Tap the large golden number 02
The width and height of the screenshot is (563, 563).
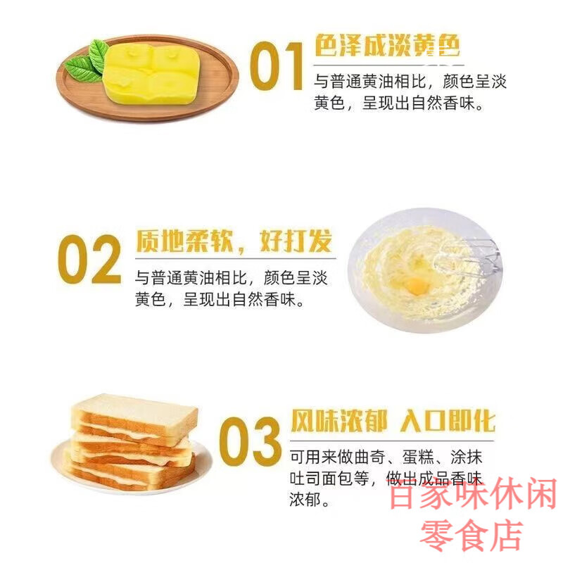[89, 259]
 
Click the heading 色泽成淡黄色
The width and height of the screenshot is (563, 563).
[387, 46]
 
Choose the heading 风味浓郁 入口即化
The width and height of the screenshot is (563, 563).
[392, 421]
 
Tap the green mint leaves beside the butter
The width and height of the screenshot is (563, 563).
[89, 62]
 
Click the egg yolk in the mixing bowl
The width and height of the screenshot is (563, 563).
[417, 285]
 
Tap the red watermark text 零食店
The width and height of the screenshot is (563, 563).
[472, 536]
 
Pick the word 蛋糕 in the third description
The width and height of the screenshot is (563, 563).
[407, 457]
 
